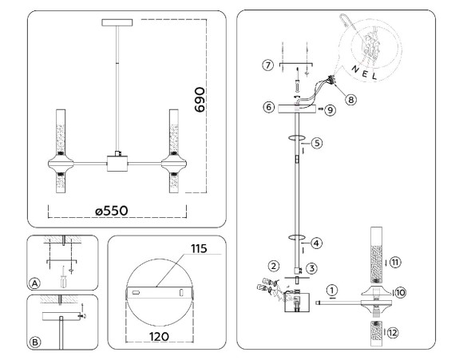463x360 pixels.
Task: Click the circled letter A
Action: pos(34,283)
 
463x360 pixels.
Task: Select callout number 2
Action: pos(274,265)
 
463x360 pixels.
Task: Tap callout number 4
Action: pos(316,241)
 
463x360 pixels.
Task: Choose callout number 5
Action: pos(317,144)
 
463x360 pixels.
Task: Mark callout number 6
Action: pos(269,106)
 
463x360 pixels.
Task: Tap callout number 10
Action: pos(400,293)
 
